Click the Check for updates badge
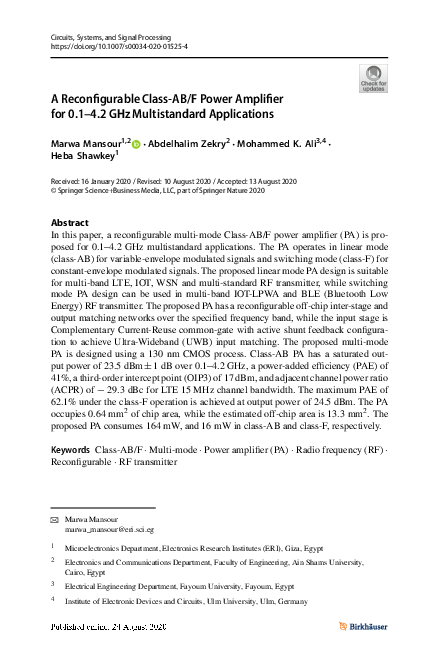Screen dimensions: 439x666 371,79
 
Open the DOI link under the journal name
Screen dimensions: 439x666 118,46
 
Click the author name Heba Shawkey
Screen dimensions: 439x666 82,157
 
